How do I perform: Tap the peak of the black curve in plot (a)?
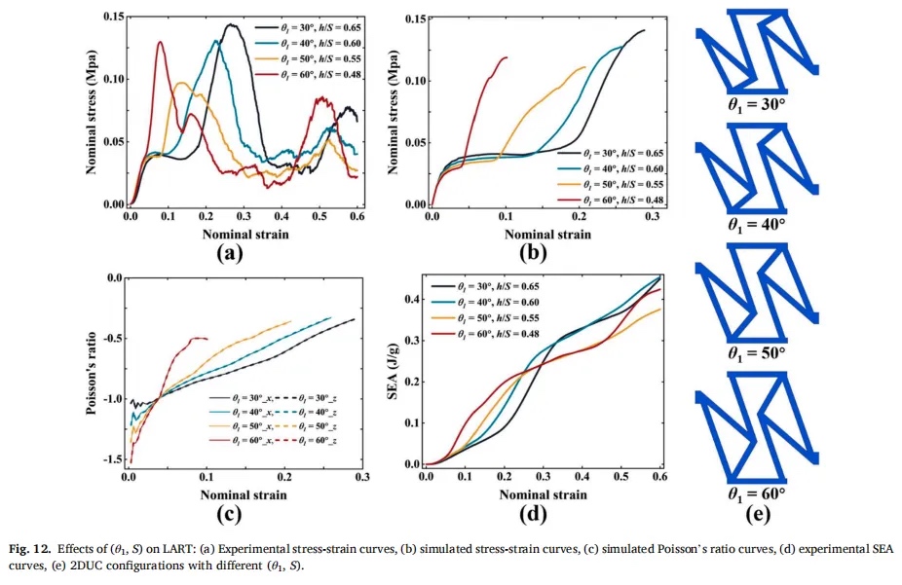coord(231,25)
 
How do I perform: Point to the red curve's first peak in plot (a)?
coord(161,42)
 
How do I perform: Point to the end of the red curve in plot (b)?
coord(507,57)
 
